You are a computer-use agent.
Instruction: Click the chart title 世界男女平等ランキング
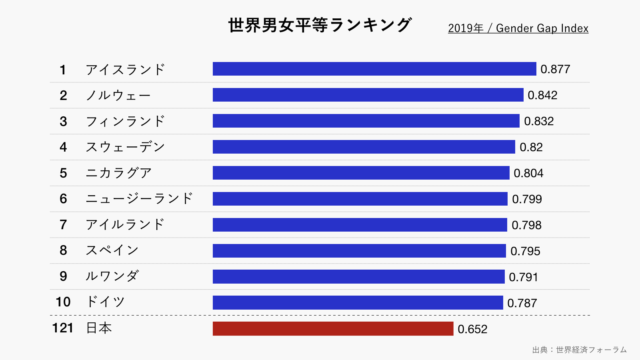[x=320, y=25]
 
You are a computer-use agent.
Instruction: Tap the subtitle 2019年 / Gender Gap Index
[x=518, y=28]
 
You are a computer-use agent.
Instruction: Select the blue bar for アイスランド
[x=374, y=69]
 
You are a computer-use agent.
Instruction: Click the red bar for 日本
[x=332, y=328]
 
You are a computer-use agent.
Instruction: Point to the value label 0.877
[x=555, y=69]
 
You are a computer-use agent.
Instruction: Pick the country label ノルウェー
[x=119, y=95]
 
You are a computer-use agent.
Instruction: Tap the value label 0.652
[x=472, y=328]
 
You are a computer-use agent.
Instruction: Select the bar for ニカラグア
[x=361, y=173]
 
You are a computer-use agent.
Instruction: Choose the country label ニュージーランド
[x=140, y=199]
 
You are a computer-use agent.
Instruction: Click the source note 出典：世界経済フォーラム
[x=582, y=350]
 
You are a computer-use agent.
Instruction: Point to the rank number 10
[x=62, y=302]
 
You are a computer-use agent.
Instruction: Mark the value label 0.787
[x=522, y=302]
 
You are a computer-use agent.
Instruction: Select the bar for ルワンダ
[x=358, y=276]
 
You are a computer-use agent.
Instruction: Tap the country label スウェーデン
[x=126, y=147]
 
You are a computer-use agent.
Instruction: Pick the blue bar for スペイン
[x=359, y=250]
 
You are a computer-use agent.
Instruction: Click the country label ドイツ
[x=106, y=302]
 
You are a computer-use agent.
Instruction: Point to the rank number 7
[x=62, y=225]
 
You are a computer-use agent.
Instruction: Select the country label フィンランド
[x=126, y=121]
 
